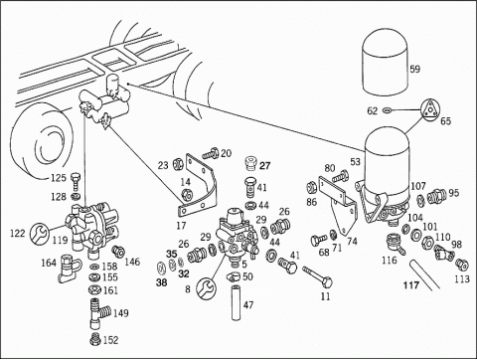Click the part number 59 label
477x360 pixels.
tap(414, 69)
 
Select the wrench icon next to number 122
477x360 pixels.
tap(39, 233)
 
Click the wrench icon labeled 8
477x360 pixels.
tap(206, 287)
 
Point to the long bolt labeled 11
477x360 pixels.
tap(317, 275)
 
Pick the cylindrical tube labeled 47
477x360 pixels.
tap(236, 302)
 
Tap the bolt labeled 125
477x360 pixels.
tap(76, 181)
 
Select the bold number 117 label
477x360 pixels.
tap(411, 285)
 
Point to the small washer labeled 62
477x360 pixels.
tap(387, 109)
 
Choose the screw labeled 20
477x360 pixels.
tap(211, 154)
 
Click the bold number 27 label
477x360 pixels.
tap(265, 165)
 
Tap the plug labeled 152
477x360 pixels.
tap(95, 338)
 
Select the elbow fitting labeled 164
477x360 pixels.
tap(69, 267)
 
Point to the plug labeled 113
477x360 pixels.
tap(462, 265)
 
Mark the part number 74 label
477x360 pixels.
tap(352, 242)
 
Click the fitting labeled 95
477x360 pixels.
tap(436, 196)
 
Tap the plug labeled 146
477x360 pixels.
tap(118, 252)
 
